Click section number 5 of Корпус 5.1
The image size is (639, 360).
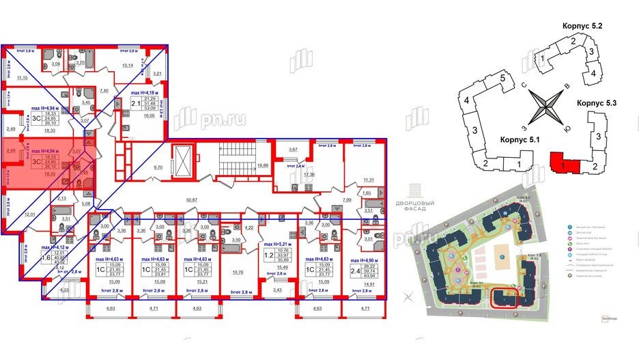pyautogui.click(x=502, y=79)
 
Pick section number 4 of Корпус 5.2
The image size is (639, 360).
pyautogui.click(x=593, y=74)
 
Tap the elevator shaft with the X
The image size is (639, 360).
pyautogui.click(x=183, y=161)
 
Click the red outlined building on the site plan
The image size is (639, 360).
pyautogui.click(x=505, y=298)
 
